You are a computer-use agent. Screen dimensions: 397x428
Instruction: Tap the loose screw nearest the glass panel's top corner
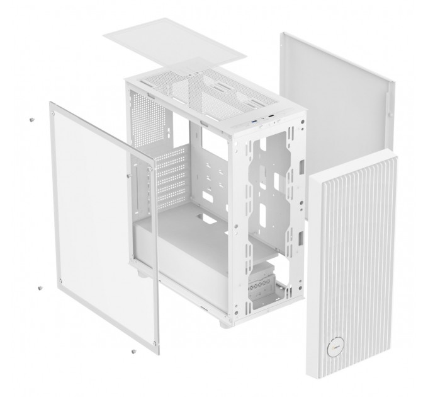31,118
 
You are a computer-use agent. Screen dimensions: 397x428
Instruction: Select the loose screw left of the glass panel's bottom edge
40,287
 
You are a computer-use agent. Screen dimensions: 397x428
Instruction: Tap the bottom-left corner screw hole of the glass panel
59,280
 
